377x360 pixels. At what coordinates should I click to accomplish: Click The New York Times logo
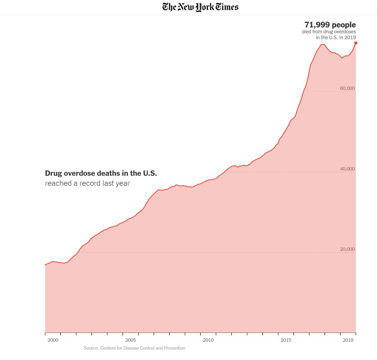[200, 7]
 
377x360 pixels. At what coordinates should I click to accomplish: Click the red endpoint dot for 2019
[356, 43]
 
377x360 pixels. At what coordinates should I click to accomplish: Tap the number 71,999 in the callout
[317, 25]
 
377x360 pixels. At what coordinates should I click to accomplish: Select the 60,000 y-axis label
[347, 88]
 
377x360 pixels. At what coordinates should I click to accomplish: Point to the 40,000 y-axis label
[347, 169]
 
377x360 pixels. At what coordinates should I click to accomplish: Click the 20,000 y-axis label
[347, 249]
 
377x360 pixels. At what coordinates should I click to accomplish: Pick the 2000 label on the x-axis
[52, 340]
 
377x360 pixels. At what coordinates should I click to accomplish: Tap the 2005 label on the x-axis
[130, 340]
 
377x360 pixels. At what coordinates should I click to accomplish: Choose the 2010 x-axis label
[208, 340]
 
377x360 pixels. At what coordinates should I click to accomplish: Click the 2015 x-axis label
[286, 340]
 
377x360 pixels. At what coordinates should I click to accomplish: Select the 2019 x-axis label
[348, 340]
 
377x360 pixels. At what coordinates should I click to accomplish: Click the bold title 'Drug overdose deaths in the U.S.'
[101, 173]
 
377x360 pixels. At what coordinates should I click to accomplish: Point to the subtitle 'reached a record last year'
[87, 183]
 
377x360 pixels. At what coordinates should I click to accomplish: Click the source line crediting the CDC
[134, 348]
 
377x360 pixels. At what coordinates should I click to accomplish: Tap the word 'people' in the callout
[344, 25]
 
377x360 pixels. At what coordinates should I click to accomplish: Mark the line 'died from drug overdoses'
[329, 31]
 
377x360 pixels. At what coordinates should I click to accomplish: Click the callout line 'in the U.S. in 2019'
[336, 37]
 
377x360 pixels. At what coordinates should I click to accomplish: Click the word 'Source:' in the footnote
[91, 348]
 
